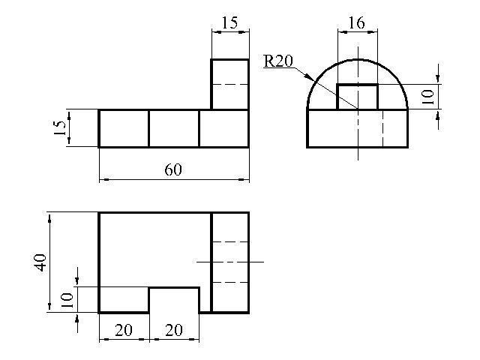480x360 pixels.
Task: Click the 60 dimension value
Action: tap(173, 169)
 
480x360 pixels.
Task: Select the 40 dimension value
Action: tap(40, 262)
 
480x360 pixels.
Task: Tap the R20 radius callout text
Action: tap(278, 61)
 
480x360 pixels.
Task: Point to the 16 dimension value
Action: tap(357, 22)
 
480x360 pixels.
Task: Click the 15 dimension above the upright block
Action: tap(229, 22)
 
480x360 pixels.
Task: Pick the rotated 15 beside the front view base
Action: tap(59, 128)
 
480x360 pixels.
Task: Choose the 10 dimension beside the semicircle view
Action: tap(428, 97)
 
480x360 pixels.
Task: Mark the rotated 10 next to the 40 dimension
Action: tap(67, 300)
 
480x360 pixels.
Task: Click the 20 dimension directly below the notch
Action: tap(174, 330)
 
